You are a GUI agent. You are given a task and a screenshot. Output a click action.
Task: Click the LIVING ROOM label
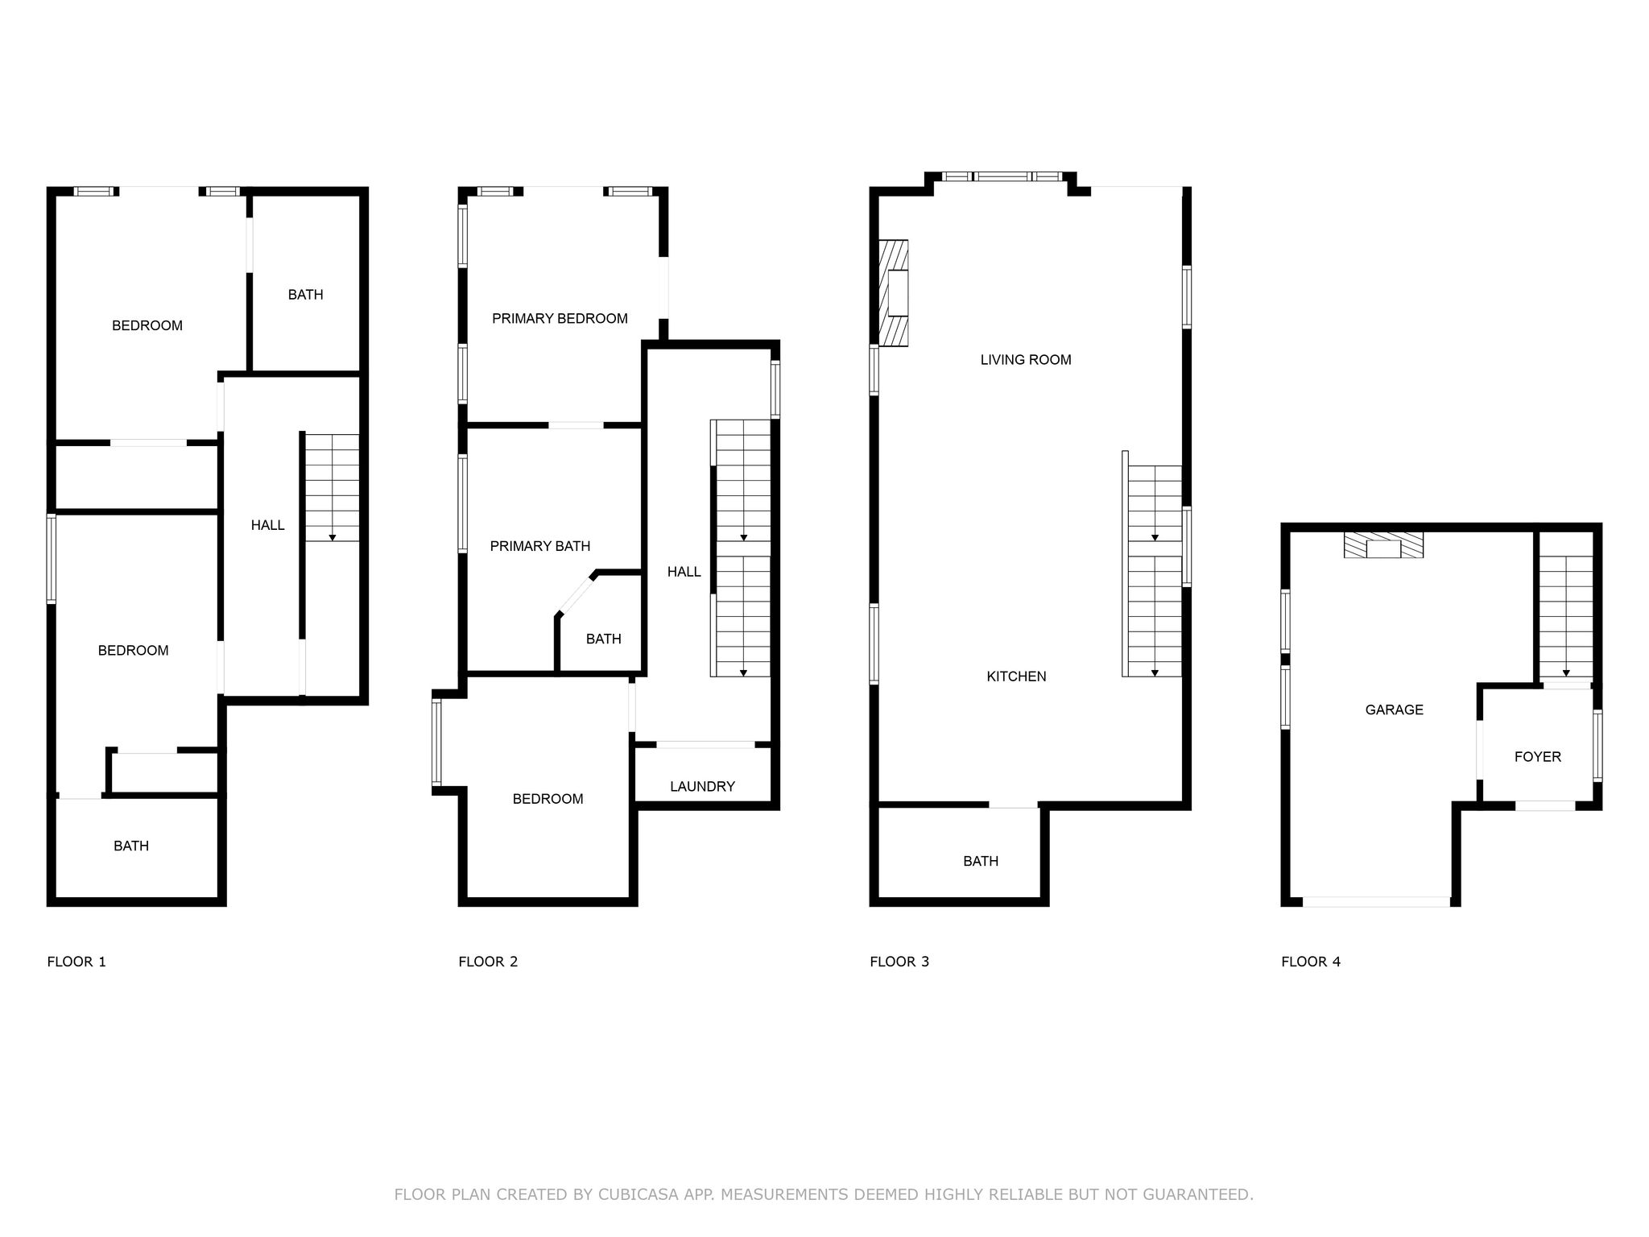[1026, 360]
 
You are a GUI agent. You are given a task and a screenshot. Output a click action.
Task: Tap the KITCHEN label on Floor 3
[1016, 676]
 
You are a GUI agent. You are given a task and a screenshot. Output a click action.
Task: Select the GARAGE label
[1394, 710]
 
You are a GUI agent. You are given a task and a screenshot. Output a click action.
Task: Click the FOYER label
[1537, 757]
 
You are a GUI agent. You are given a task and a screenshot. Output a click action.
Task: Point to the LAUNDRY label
[702, 787]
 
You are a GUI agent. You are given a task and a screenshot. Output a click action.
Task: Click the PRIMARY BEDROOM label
[560, 319]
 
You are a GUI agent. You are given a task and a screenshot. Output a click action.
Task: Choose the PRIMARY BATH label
[540, 546]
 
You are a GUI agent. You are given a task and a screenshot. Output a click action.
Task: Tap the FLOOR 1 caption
[76, 962]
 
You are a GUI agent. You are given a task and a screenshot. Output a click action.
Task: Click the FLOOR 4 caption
[1311, 962]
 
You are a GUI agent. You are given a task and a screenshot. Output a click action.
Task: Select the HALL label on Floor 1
[267, 525]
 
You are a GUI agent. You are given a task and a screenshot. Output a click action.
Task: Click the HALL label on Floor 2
[684, 572]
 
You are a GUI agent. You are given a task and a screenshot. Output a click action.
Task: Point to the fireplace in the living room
[893, 293]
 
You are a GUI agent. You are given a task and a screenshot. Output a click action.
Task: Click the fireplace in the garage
[1383, 545]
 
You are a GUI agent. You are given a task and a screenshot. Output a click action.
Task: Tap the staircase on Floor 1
[333, 488]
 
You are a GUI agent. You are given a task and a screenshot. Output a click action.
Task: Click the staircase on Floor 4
[1566, 617]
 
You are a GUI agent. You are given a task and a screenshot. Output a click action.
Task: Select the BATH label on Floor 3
[981, 862]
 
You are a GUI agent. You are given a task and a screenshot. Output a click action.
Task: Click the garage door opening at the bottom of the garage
[1377, 902]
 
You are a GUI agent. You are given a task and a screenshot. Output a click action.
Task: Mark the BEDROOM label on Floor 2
[548, 799]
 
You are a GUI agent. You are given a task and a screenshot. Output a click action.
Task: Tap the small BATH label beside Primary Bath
[603, 639]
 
